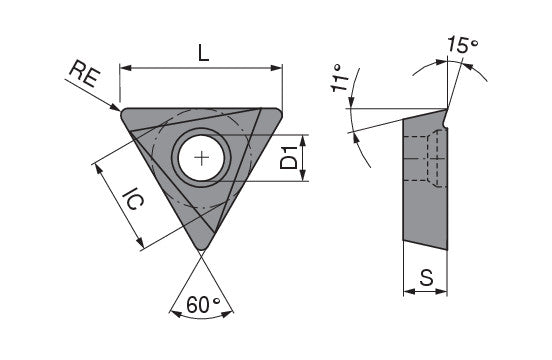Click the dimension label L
coord(203,53)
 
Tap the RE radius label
coord(84,74)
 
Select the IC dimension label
coord(133,198)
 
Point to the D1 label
coord(289,158)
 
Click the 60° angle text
coord(203,304)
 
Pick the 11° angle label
coord(339,78)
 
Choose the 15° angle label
coord(463,45)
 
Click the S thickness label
coord(426,277)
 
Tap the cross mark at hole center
coord(201,158)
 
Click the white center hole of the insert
coord(201,158)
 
